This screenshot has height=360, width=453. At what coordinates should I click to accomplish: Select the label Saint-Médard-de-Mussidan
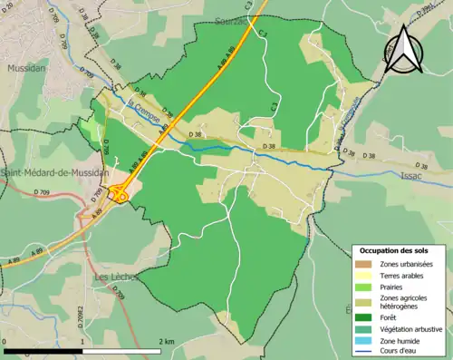(54, 172)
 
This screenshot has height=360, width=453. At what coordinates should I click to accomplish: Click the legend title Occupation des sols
(394, 250)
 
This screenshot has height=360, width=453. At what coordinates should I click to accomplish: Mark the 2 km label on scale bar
(165, 341)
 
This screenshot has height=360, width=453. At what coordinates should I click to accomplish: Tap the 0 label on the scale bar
(5, 341)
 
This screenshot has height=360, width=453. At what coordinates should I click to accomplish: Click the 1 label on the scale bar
(82, 341)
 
